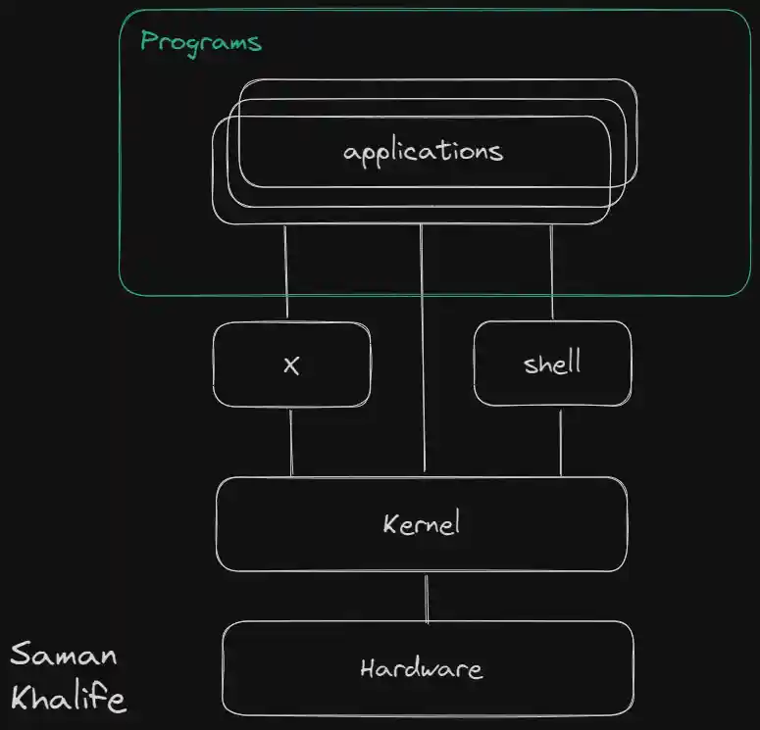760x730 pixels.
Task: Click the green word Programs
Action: (200, 42)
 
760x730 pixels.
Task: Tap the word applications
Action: (423, 152)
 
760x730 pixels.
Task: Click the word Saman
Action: (64, 655)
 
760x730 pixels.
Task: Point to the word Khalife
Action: (68, 699)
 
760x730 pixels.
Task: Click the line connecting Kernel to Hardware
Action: (427, 599)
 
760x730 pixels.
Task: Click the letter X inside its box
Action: (291, 365)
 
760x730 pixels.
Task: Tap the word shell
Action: (552, 365)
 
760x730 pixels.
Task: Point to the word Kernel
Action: (422, 523)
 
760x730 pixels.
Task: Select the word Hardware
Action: (422, 670)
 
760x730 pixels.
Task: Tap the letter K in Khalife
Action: (22, 699)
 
